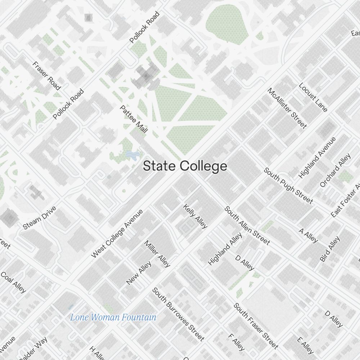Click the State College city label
coord(185,166)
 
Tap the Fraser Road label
coord(46,76)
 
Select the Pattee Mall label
coord(134,120)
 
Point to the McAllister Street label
coord(287,108)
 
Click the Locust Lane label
coord(313,98)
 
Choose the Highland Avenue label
coord(317,158)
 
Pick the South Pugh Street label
coord(288,185)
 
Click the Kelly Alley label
coord(195,216)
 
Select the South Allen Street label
coord(247,225)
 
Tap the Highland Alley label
coord(225,249)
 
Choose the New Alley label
coord(139,273)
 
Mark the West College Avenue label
coord(117,233)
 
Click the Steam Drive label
coord(40,218)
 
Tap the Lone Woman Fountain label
coord(113,318)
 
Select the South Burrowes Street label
coord(178,314)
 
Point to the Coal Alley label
coord(13,282)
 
